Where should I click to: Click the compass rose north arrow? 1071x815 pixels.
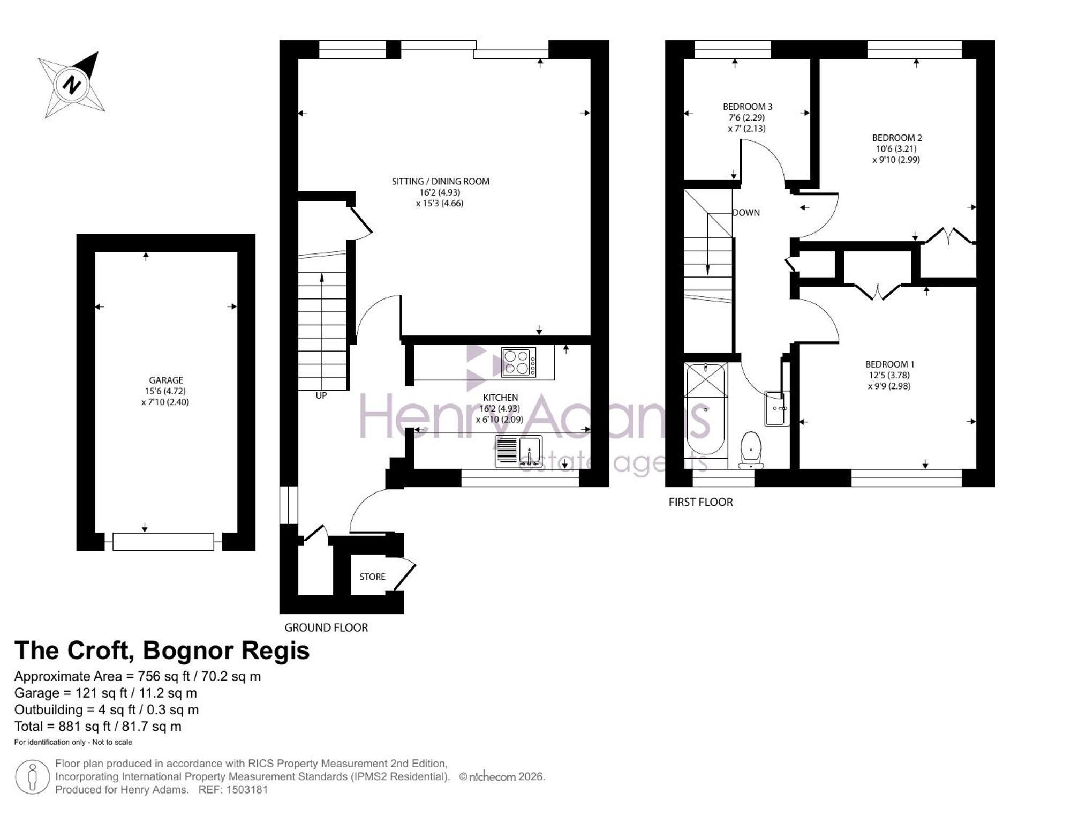click(x=72, y=84)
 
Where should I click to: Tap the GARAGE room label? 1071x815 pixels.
click(x=166, y=380)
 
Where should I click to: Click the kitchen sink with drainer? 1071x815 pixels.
click(x=519, y=451)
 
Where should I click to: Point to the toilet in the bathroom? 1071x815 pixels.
click(x=751, y=450)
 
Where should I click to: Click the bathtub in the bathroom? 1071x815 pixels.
click(x=705, y=410)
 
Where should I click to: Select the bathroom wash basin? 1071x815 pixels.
click(x=777, y=408)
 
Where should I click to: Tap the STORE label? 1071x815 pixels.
click(x=372, y=577)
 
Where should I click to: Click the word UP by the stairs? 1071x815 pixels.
click(x=321, y=395)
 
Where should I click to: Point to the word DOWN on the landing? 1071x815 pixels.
click(x=746, y=213)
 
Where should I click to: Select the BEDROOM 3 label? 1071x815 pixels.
click(x=748, y=107)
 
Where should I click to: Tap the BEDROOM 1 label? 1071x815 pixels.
click(x=890, y=364)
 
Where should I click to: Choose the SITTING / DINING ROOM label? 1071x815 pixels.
click(x=441, y=182)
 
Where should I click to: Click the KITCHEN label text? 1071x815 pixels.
click(x=501, y=398)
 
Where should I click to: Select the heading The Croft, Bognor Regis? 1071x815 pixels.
click(x=162, y=650)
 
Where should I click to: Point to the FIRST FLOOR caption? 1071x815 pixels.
click(x=700, y=502)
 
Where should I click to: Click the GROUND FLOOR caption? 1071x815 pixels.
click(x=326, y=627)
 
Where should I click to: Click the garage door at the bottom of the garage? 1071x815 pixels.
click(x=163, y=542)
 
